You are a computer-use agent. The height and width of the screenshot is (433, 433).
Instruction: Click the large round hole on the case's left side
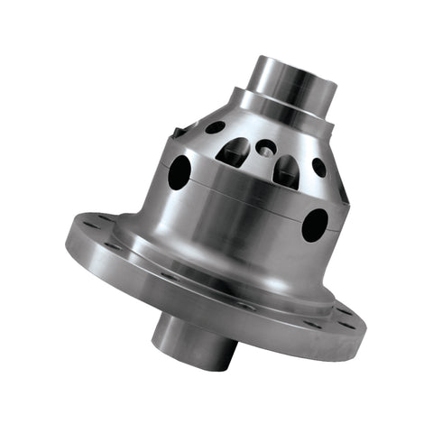pos(180,171)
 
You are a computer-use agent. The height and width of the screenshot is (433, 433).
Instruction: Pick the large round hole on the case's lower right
pos(315,225)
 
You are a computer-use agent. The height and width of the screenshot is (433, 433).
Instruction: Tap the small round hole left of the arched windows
pos(215,127)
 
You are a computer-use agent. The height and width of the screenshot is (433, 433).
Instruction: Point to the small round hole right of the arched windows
pos(318,167)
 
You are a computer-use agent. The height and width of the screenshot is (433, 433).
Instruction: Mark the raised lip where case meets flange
pos(226,271)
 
